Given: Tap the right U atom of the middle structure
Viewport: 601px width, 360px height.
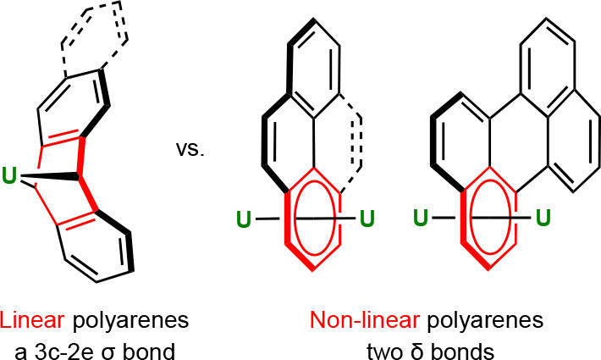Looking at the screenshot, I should point(367,220).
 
